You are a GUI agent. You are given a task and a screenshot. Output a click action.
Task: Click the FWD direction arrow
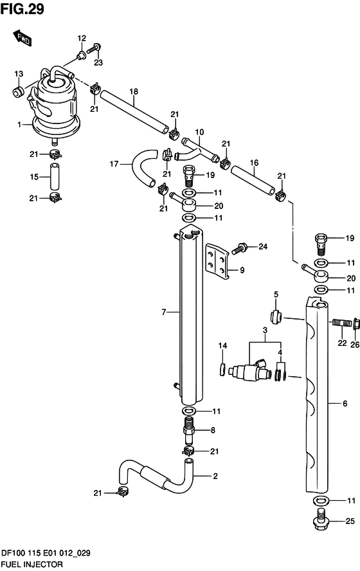click(22, 39)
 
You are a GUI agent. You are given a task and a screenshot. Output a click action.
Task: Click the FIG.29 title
click(22, 9)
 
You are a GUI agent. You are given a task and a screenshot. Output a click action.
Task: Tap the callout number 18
click(134, 91)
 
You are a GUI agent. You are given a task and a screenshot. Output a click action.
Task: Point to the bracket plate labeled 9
click(217, 262)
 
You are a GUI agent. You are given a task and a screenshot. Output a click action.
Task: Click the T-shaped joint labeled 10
click(197, 149)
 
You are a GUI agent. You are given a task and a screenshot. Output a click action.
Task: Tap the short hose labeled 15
click(55, 176)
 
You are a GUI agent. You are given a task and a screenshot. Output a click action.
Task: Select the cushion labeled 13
click(18, 92)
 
